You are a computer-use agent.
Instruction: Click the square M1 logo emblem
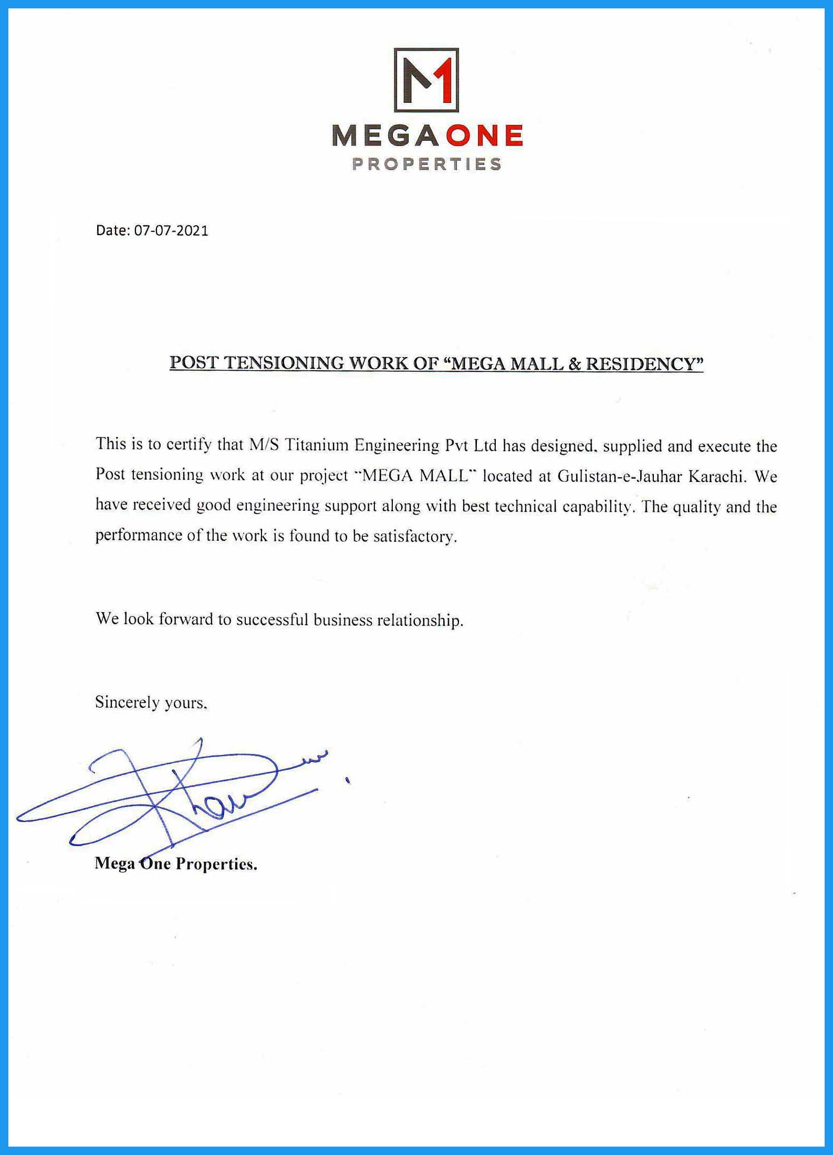426,80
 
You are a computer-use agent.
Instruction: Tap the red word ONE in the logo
485,136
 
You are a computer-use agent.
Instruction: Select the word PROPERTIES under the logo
426,164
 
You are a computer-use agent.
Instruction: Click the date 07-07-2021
171,230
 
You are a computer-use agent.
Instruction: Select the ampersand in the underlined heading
574,364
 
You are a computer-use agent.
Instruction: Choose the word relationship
420,620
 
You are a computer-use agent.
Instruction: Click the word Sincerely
126,702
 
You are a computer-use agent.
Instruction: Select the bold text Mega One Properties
176,864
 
